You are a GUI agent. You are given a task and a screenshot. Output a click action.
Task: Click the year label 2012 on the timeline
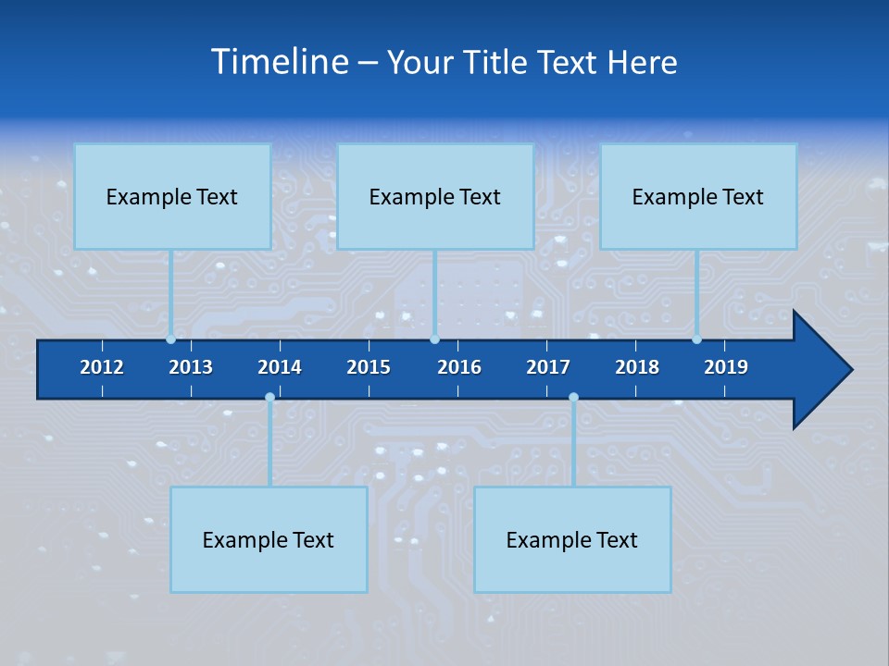(102, 367)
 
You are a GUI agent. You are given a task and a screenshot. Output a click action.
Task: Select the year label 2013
(191, 367)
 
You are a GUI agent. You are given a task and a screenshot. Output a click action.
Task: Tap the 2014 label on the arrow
(280, 367)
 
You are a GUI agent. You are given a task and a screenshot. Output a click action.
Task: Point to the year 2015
(369, 367)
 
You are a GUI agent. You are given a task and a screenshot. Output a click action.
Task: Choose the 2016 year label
(459, 367)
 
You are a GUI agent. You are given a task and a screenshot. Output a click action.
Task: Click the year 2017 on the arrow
(548, 367)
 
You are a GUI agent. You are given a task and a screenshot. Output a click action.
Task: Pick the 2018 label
(637, 367)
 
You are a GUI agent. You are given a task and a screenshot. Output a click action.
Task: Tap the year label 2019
(726, 367)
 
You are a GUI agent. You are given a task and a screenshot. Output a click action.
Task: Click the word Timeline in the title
(279, 62)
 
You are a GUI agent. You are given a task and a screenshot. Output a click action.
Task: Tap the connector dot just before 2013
(170, 339)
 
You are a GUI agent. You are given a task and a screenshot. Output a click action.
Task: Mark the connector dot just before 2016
(434, 339)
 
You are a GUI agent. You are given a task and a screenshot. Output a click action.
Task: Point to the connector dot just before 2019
(696, 339)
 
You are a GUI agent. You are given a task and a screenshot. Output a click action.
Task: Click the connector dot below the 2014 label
(269, 398)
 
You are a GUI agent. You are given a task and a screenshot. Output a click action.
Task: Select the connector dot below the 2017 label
(573, 398)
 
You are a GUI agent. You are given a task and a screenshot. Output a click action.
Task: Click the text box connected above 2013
(172, 196)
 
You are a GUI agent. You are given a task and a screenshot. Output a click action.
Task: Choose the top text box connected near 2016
(435, 196)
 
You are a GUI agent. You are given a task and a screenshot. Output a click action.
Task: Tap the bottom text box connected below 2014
(269, 539)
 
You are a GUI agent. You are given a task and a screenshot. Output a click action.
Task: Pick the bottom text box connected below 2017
(572, 539)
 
